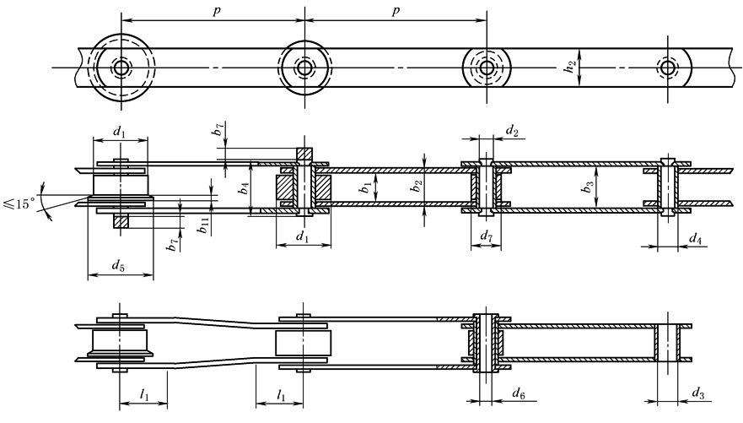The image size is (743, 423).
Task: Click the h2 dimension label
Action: point(570,68)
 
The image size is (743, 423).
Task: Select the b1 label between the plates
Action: point(366,187)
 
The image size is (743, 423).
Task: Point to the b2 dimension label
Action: point(417,186)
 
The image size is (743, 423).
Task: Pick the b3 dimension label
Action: point(589,187)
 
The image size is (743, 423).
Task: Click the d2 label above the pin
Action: point(512,130)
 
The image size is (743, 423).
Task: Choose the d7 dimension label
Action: point(486,235)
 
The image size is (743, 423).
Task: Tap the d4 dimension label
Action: point(695,238)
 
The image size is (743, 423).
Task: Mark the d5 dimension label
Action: point(118,266)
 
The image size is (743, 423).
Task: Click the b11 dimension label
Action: point(204,226)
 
